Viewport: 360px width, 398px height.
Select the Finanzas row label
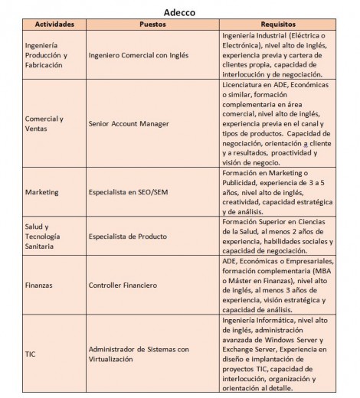(x=40, y=285)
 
